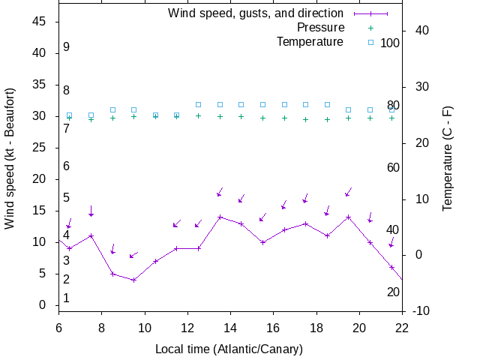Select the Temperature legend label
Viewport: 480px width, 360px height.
pyautogui.click(x=310, y=42)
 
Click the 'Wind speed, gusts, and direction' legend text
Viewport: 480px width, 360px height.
pyautogui.click(x=255, y=13)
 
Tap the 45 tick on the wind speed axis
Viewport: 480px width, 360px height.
pyautogui.click(x=41, y=22)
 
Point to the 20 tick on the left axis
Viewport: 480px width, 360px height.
pyautogui.click(x=41, y=179)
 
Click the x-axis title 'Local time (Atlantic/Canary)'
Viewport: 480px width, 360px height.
pyautogui.click(x=229, y=349)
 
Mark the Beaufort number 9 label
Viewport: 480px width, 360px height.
pyautogui.click(x=67, y=47)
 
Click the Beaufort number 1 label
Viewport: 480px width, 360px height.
pyautogui.click(x=67, y=298)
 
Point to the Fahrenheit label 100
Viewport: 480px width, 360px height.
pyautogui.click(x=390, y=43)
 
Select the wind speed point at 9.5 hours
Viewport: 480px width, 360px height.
pyautogui.click(x=134, y=280)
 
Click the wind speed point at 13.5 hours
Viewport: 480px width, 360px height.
pyautogui.click(x=220, y=217)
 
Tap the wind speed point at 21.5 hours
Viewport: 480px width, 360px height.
pyautogui.click(x=391, y=267)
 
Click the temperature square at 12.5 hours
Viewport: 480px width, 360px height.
pyautogui.click(x=199, y=105)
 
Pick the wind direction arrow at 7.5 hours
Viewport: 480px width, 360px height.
pyautogui.click(x=91, y=211)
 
